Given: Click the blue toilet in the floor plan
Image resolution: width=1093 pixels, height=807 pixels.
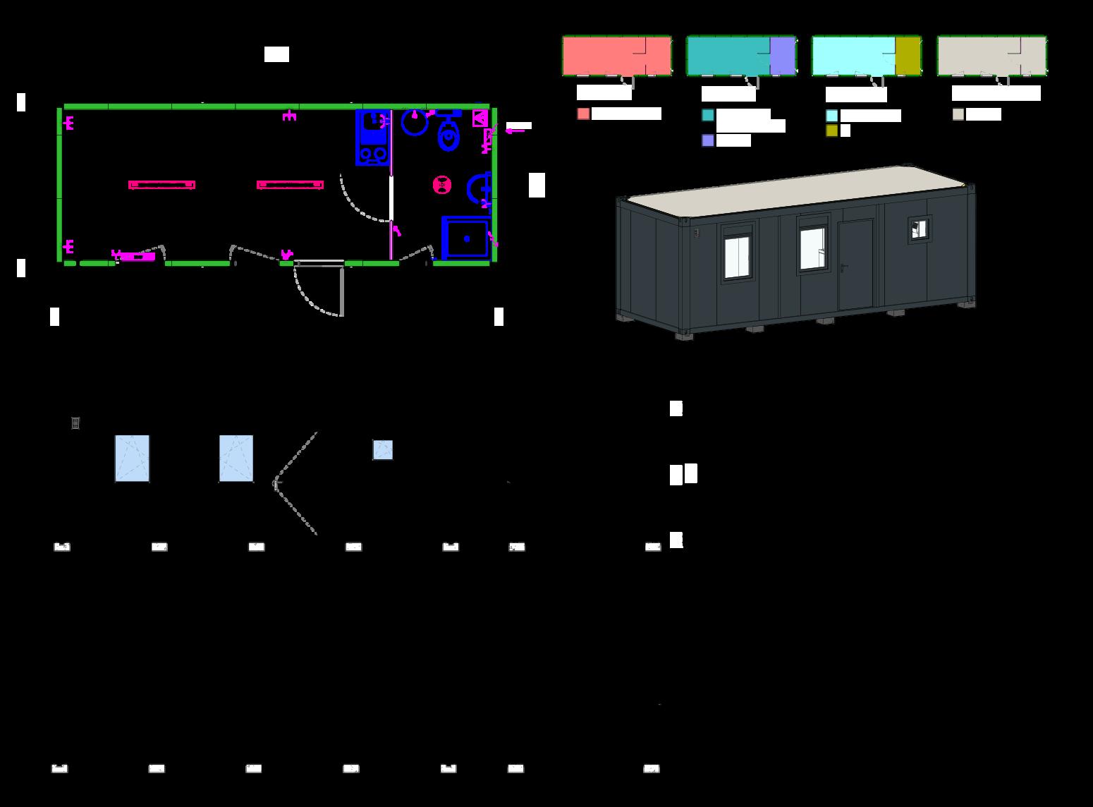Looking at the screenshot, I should (448, 135).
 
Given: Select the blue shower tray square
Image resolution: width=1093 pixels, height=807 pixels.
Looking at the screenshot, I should (465, 238).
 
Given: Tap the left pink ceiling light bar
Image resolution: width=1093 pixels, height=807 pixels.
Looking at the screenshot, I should (161, 185).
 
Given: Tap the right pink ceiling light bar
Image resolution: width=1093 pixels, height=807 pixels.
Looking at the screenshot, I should (290, 185).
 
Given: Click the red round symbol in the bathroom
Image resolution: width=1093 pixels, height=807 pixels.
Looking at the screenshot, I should (442, 185).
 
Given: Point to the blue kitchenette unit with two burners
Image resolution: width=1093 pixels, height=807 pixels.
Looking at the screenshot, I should (372, 138).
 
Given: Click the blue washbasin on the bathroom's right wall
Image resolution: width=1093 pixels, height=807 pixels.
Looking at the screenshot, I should (480, 188).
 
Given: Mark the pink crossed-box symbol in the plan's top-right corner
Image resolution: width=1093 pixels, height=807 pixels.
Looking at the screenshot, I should (480, 118).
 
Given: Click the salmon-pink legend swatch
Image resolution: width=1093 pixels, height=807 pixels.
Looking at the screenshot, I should (583, 114).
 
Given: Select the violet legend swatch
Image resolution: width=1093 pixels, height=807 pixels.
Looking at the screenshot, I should (708, 140).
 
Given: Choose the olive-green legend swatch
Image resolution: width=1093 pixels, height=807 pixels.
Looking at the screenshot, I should (832, 131).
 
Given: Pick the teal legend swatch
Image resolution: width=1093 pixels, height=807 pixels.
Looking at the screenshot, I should (708, 115).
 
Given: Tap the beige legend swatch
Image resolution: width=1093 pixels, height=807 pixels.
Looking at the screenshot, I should (958, 114).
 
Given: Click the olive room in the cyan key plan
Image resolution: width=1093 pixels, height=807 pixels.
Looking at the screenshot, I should (908, 56).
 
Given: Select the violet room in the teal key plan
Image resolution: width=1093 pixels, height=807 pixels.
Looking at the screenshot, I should (782, 56).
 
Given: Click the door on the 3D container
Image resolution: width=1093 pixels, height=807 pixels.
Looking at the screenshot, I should (855, 265).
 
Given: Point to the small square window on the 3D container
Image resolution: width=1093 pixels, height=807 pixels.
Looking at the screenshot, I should (919, 229).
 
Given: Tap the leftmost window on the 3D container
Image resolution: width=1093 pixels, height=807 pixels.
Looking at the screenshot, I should (738, 256).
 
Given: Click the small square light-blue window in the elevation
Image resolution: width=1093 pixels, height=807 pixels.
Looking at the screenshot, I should (382, 450).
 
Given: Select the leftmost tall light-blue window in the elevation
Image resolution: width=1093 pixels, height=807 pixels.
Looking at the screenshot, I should (132, 459).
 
